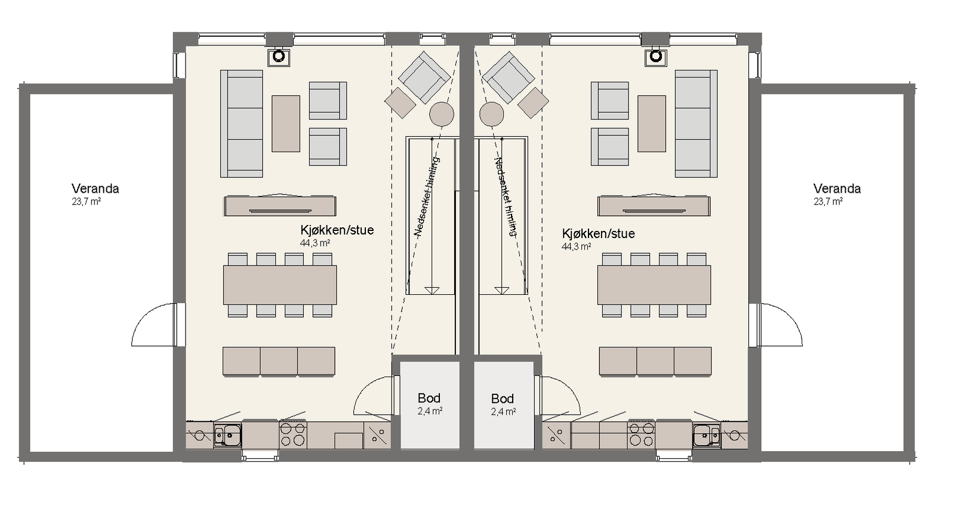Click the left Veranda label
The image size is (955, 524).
95,189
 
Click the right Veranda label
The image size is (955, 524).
836,189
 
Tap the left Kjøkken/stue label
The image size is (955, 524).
337,230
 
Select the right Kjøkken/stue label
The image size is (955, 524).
598,233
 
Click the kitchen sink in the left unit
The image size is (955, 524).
227,436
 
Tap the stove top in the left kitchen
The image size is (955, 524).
293,435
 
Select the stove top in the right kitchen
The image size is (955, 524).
640,435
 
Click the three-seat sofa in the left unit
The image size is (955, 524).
242,124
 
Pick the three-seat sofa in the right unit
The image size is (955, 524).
696,124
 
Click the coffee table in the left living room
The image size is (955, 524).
286,124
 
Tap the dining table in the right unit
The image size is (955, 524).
654,285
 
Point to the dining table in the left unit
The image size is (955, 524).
280,285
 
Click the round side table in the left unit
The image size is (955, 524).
442,113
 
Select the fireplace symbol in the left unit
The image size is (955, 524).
279,57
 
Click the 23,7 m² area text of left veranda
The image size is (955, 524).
86,202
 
